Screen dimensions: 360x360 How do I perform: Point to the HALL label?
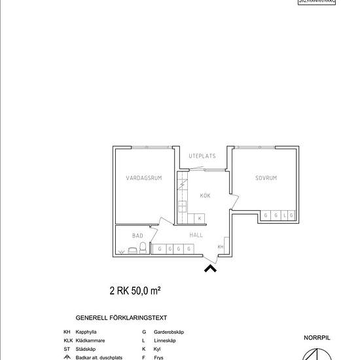pyautogui.click(x=196, y=234)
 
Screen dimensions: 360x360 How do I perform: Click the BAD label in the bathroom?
pyautogui.click(x=137, y=235)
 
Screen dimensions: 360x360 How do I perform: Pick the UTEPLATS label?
pyautogui.click(x=202, y=156)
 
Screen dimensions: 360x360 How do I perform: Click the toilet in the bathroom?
pyautogui.click(x=143, y=248)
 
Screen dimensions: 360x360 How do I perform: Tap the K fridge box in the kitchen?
pyautogui.click(x=199, y=217)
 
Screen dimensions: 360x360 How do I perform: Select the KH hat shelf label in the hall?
pyautogui.click(x=221, y=247)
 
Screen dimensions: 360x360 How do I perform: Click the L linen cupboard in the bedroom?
pyautogui.click(x=283, y=215)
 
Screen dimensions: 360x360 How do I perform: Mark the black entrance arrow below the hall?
pyautogui.click(x=211, y=267)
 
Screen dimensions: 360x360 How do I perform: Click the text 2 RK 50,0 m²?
pyautogui.click(x=135, y=290)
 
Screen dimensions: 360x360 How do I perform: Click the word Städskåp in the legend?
pyautogui.click(x=86, y=349)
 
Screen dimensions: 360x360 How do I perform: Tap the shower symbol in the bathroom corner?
pyautogui.click(x=122, y=251)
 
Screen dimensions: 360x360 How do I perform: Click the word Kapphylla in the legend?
pyautogui.click(x=87, y=333)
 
